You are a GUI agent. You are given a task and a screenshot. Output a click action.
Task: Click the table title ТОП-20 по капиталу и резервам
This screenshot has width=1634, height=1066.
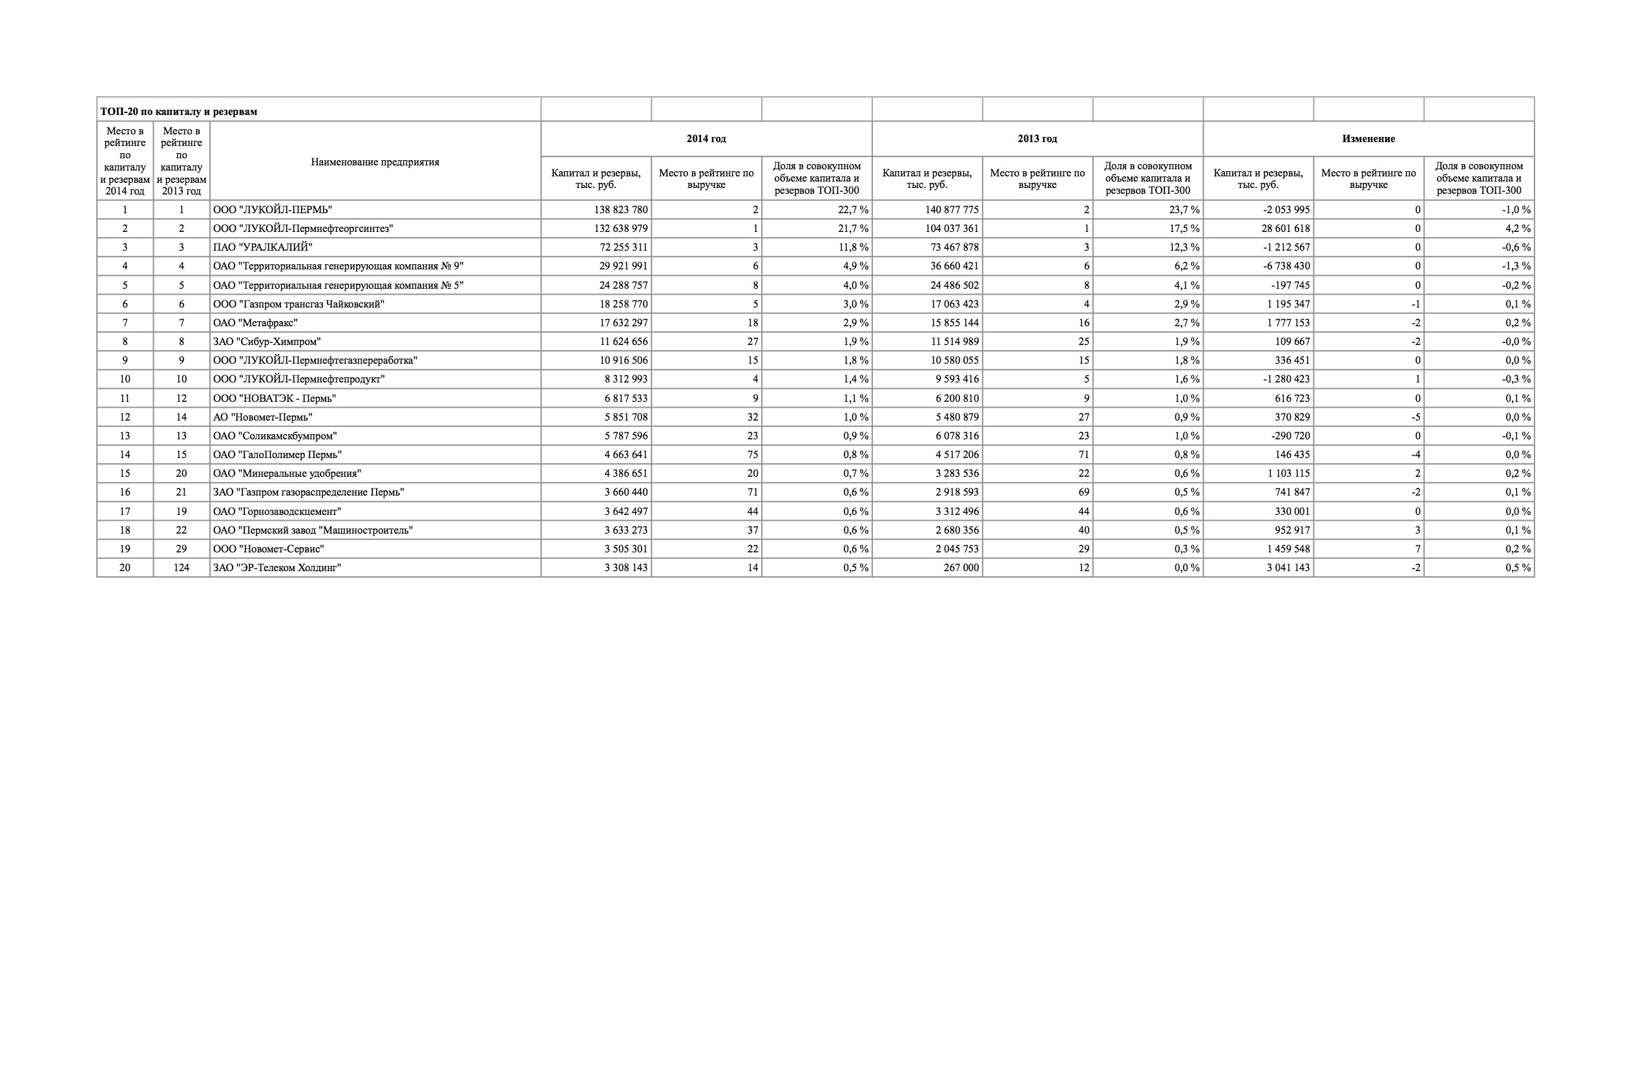click(x=178, y=111)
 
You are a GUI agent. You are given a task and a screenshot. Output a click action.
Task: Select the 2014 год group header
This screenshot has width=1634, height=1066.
click(x=706, y=139)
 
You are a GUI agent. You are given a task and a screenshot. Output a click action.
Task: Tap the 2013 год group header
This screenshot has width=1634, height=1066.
click(x=1037, y=139)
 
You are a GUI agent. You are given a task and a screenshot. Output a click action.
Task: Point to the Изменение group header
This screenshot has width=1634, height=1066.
click(x=1368, y=139)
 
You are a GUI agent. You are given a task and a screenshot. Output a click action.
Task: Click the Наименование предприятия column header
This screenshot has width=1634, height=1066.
click(x=375, y=162)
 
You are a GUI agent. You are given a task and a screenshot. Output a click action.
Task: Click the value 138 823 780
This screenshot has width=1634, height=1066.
click(x=621, y=209)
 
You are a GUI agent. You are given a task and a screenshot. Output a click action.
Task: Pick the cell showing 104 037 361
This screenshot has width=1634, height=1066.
click(x=952, y=229)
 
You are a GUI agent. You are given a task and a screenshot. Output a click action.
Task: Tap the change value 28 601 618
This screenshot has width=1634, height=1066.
click(x=1285, y=229)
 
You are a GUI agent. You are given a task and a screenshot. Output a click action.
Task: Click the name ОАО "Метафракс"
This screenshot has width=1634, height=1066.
click(x=255, y=322)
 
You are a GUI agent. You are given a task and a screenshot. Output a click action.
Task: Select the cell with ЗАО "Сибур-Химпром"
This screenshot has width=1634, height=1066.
click(x=266, y=341)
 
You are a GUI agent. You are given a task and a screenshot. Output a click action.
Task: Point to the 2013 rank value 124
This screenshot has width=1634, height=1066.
click(x=182, y=568)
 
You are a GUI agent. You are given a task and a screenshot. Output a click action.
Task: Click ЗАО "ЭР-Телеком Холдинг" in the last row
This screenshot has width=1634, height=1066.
click(x=277, y=568)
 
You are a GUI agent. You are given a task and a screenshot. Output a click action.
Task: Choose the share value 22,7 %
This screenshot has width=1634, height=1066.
click(x=853, y=209)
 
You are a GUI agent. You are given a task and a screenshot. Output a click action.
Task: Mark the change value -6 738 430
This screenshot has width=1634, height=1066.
click(x=1286, y=266)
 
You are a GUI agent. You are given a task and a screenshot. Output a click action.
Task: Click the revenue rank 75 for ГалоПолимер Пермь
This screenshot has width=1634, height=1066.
click(x=752, y=454)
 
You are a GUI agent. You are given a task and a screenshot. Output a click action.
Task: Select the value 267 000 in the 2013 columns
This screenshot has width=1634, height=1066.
click(x=961, y=568)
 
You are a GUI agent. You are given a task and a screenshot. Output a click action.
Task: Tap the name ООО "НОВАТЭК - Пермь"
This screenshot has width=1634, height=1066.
click(x=275, y=398)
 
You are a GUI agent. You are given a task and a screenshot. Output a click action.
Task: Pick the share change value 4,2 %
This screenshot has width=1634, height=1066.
click(x=1516, y=229)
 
